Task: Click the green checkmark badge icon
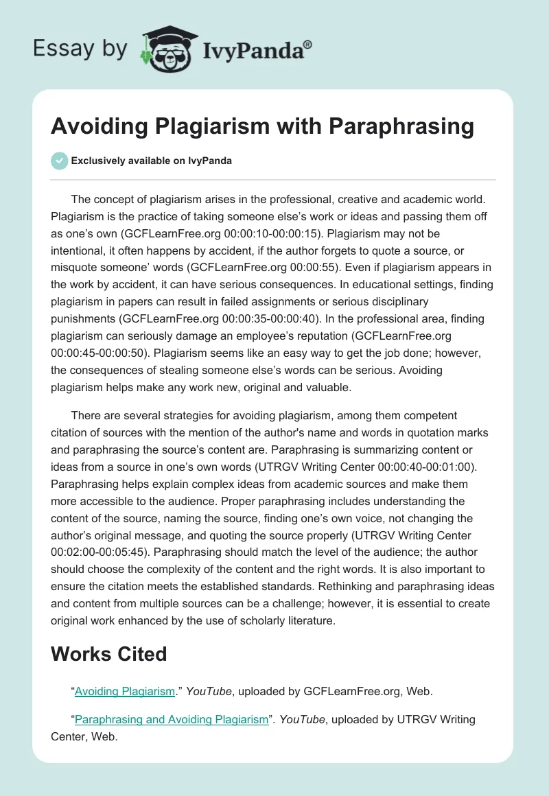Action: point(59,161)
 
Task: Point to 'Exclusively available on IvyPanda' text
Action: point(152,161)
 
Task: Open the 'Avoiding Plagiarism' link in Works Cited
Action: point(125,691)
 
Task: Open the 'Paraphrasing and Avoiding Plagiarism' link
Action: point(171,719)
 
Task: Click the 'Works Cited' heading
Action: point(109,654)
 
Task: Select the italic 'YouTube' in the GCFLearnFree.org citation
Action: point(209,692)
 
